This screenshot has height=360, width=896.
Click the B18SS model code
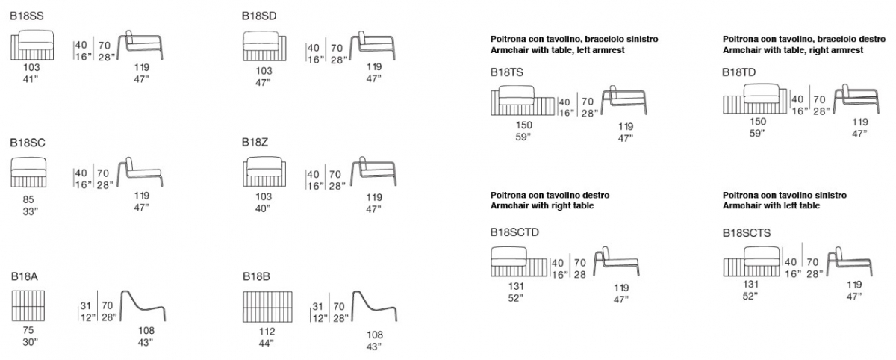pos(27,16)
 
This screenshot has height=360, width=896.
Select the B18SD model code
pos(259,16)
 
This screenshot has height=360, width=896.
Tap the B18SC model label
pos(28,143)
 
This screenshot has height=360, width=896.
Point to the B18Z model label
pos(255,143)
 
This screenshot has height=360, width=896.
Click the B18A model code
pos(25,276)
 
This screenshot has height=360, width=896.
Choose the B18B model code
pos(256,276)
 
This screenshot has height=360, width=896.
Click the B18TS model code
pos(507,72)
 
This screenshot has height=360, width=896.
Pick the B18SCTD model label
pos(514,232)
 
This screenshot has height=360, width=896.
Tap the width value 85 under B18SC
pos(28,199)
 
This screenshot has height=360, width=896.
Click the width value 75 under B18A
pos(28,330)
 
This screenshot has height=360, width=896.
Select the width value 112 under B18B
pos(267,331)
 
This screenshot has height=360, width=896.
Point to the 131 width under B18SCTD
pos(516,286)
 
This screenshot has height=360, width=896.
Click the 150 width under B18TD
pos(758,121)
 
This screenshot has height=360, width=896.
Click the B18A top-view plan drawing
pos(28,306)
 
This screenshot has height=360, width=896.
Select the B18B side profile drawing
pos(374,307)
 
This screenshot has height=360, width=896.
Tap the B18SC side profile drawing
pos(140,172)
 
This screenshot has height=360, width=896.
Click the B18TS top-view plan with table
pos(523,100)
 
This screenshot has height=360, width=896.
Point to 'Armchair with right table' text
pos(542,205)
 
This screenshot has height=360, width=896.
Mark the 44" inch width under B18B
pos(266,344)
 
